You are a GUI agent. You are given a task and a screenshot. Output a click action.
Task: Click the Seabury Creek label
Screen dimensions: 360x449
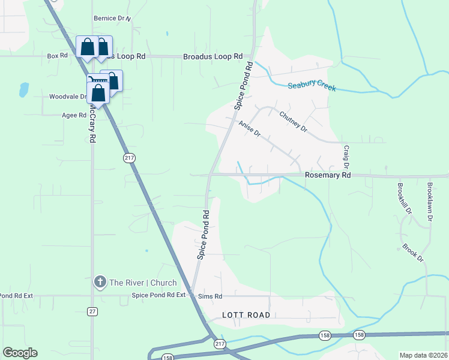312,86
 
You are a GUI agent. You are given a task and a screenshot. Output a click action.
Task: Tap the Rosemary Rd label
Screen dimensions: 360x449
328,175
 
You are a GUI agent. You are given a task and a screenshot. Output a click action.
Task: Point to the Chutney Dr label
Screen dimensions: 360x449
292,121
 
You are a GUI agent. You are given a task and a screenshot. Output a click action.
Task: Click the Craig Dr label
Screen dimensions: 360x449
346,157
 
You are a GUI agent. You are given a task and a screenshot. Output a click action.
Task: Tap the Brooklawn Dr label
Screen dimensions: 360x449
430,202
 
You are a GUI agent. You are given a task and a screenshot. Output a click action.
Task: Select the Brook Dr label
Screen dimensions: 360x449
413,253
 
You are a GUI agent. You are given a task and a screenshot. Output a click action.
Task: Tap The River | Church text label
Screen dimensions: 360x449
143,283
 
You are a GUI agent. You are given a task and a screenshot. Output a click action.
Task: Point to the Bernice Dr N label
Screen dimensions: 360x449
112,19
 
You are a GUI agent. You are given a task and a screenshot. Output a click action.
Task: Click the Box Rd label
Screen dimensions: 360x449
57,56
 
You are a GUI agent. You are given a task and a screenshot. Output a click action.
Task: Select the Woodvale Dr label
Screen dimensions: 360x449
68,96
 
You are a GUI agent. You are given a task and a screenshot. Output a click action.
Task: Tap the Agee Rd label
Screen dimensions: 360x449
74,115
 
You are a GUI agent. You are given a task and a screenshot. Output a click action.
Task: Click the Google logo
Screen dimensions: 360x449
20,353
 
